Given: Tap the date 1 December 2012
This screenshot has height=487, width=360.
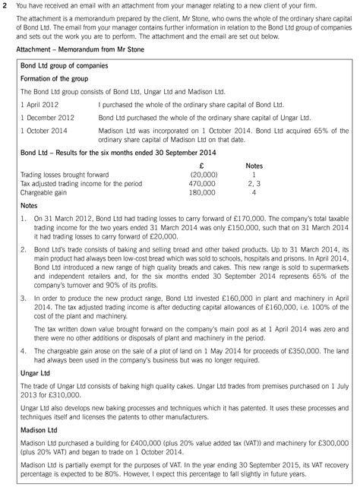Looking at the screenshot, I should pyautogui.click(x=47, y=118).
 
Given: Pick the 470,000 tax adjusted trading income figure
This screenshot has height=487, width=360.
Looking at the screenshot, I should pyautogui.click(x=202, y=183).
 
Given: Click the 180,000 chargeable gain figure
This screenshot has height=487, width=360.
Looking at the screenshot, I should pyautogui.click(x=202, y=192).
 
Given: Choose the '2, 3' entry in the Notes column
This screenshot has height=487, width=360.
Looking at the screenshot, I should pyautogui.click(x=254, y=183).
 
